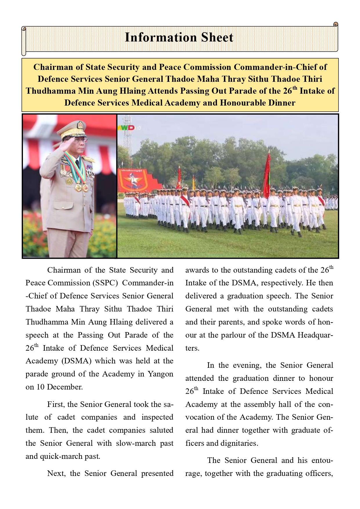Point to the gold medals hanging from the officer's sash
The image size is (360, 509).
(x=82, y=187)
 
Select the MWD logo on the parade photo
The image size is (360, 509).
(x=126, y=128)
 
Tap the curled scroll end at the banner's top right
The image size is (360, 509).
(x=336, y=25)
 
